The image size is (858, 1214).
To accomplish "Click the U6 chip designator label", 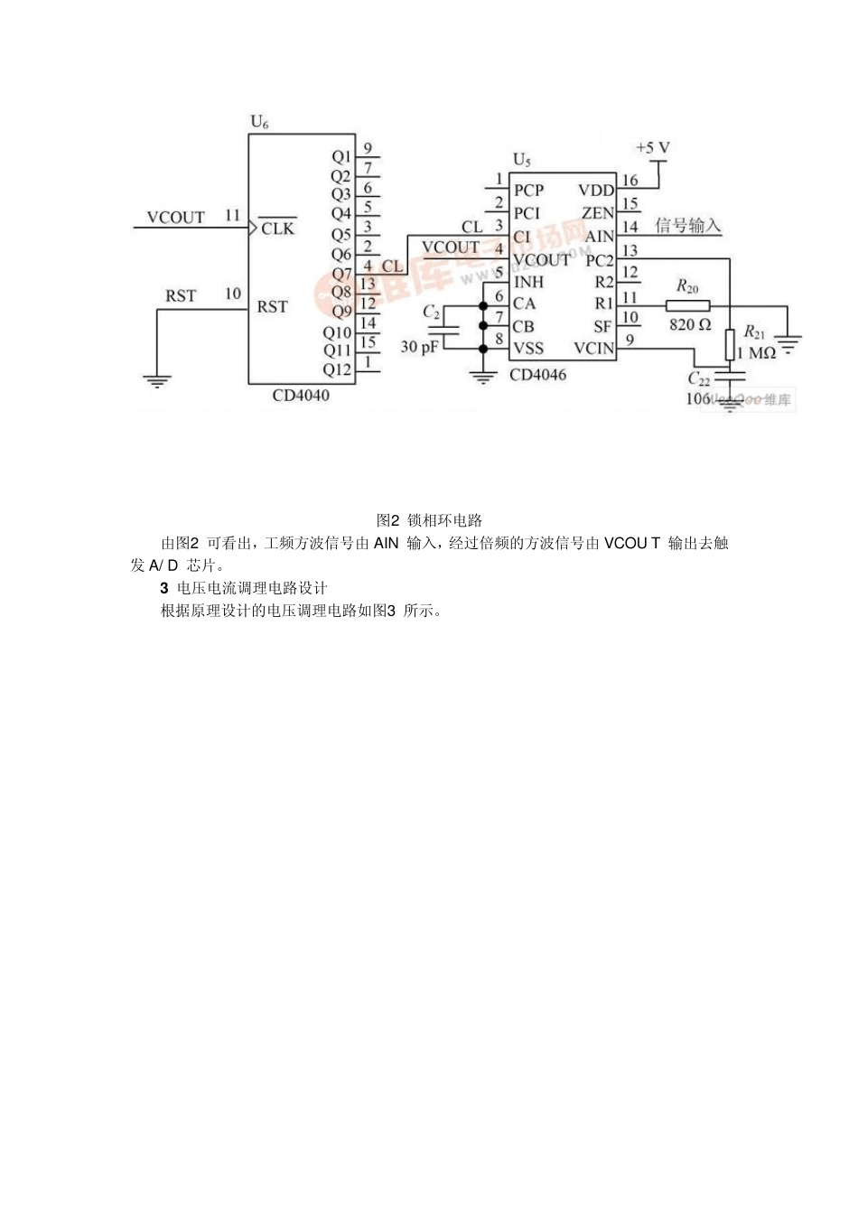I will point(259,122).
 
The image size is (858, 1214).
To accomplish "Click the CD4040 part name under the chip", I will point(301,396).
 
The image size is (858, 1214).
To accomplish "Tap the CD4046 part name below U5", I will point(538,375).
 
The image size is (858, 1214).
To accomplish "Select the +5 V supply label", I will point(652,147).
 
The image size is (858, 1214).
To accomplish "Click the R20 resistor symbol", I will point(687,304).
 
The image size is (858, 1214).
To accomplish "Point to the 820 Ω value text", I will point(690,324).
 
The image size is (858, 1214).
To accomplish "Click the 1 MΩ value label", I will point(757,352).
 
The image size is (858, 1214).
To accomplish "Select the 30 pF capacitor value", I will point(419,346).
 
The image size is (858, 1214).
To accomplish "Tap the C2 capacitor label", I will point(432,312).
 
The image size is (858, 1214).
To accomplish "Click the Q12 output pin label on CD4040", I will point(338,369).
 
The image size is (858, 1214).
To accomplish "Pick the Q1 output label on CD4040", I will point(341,156).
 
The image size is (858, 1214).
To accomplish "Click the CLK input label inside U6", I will point(277,229).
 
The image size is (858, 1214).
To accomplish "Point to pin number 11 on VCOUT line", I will point(232,216).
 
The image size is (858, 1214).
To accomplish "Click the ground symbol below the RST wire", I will point(158,380).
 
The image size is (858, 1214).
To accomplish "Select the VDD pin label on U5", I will point(596,191).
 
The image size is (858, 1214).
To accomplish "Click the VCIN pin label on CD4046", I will point(593,349).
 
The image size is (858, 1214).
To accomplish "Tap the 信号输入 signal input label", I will point(687,226).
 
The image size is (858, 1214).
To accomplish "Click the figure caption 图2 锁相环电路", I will point(429,520).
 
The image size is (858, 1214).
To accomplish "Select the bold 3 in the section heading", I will point(164,588).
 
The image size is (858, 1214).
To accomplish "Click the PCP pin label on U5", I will point(529,191).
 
